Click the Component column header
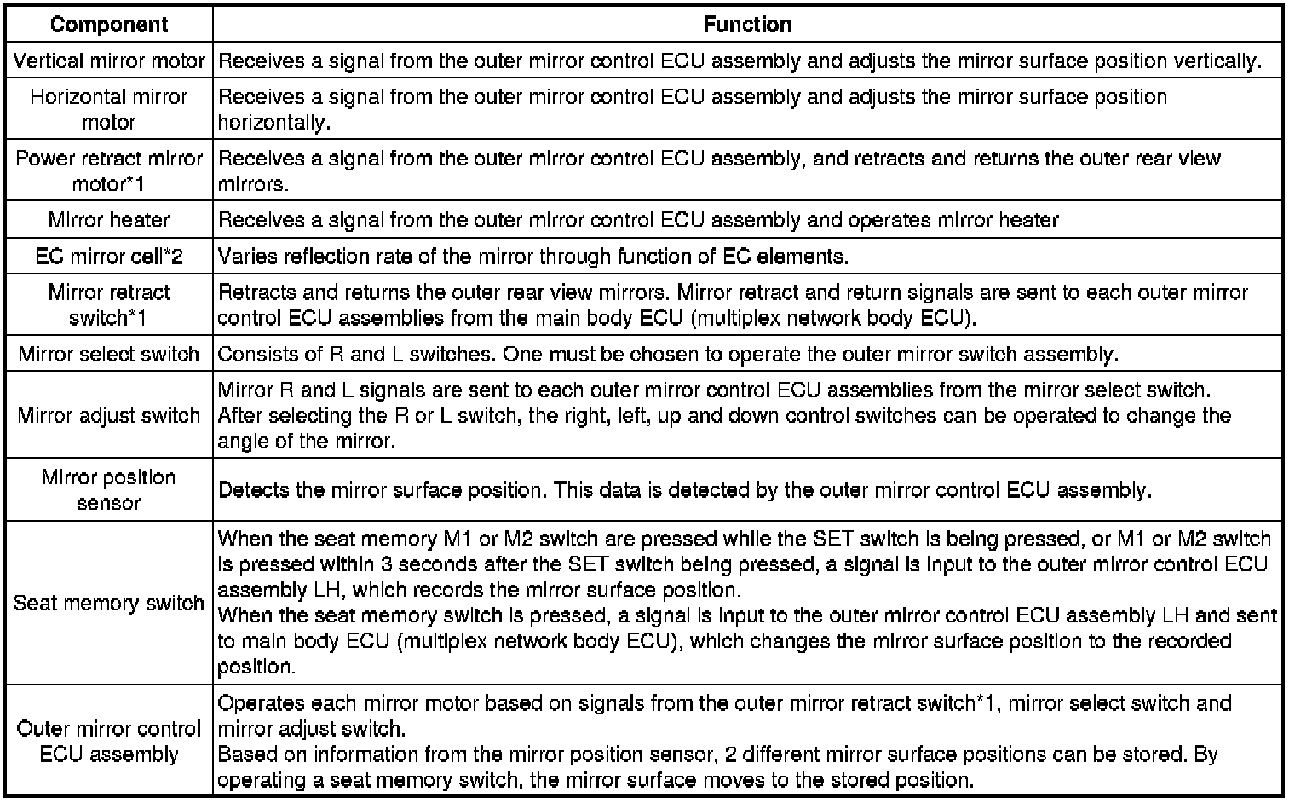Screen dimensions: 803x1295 tap(109, 25)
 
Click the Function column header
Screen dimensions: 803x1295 tap(747, 25)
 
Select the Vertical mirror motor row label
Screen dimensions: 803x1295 tap(109, 61)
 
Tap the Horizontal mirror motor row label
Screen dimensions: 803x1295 tap(109, 109)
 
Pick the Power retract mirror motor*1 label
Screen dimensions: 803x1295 tap(109, 170)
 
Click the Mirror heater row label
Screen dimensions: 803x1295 tap(109, 220)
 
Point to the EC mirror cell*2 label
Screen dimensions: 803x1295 tap(109, 257)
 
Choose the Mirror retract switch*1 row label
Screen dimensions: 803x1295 tap(109, 305)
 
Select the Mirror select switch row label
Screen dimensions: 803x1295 tap(109, 354)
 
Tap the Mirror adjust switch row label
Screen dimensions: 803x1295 tap(109, 415)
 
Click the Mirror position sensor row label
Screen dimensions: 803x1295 tap(109, 489)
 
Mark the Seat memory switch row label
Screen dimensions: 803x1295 tap(109, 603)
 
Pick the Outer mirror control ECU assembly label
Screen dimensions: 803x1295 tap(109, 742)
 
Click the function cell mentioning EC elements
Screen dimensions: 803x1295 tap(533, 257)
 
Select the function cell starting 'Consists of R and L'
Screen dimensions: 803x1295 tap(668, 354)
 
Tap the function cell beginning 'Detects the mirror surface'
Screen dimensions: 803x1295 tap(685, 490)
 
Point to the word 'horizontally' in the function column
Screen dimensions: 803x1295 tap(273, 123)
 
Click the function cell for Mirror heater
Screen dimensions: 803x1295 tap(638, 220)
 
